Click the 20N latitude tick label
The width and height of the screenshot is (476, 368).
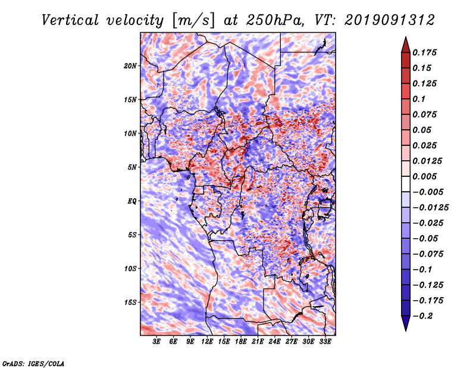(x=130, y=66)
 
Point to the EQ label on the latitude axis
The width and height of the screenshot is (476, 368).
(x=132, y=201)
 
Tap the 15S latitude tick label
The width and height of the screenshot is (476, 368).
(x=130, y=302)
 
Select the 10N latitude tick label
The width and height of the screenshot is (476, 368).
(x=130, y=133)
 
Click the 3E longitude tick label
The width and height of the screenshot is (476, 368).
(x=156, y=342)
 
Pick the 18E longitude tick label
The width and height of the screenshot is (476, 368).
(x=241, y=342)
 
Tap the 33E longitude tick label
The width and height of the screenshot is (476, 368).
(x=325, y=342)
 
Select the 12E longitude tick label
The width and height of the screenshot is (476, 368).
(x=207, y=342)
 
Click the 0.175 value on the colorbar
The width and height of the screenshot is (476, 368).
(x=424, y=52)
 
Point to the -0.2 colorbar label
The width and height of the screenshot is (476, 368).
(x=422, y=316)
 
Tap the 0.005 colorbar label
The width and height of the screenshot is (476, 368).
(x=424, y=176)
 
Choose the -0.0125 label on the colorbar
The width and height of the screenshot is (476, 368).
(x=430, y=208)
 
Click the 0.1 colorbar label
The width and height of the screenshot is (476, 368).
(x=419, y=99)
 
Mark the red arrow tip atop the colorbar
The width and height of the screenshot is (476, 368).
(x=406, y=38)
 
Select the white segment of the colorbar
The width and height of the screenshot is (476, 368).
(x=406, y=184)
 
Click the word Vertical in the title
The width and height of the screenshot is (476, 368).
(x=70, y=20)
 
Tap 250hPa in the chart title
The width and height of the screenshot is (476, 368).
(x=274, y=20)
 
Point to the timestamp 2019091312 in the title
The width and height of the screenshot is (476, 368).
(x=390, y=20)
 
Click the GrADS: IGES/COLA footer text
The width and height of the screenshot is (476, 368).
(x=33, y=364)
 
